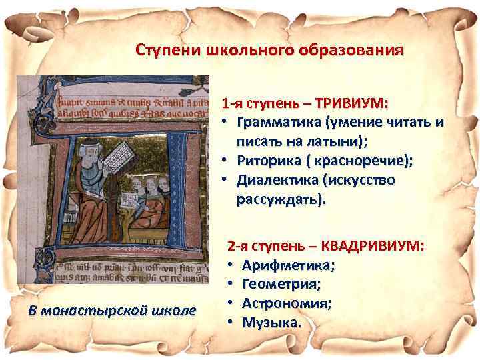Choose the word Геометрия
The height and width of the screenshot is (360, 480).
281,285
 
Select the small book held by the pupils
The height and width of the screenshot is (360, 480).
127,198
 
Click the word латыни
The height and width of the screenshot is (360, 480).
327,142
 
